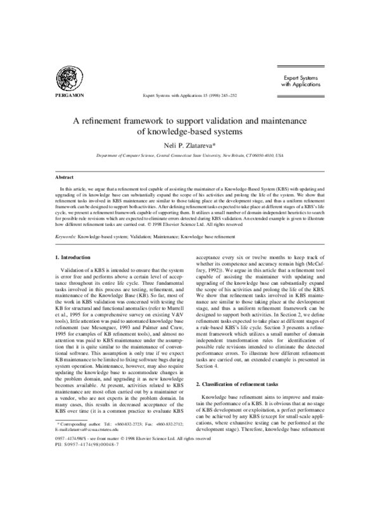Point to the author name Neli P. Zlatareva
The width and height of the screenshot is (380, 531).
(x=189, y=146)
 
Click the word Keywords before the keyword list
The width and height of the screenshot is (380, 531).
(x=65, y=235)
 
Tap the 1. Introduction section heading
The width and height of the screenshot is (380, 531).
(x=75, y=258)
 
